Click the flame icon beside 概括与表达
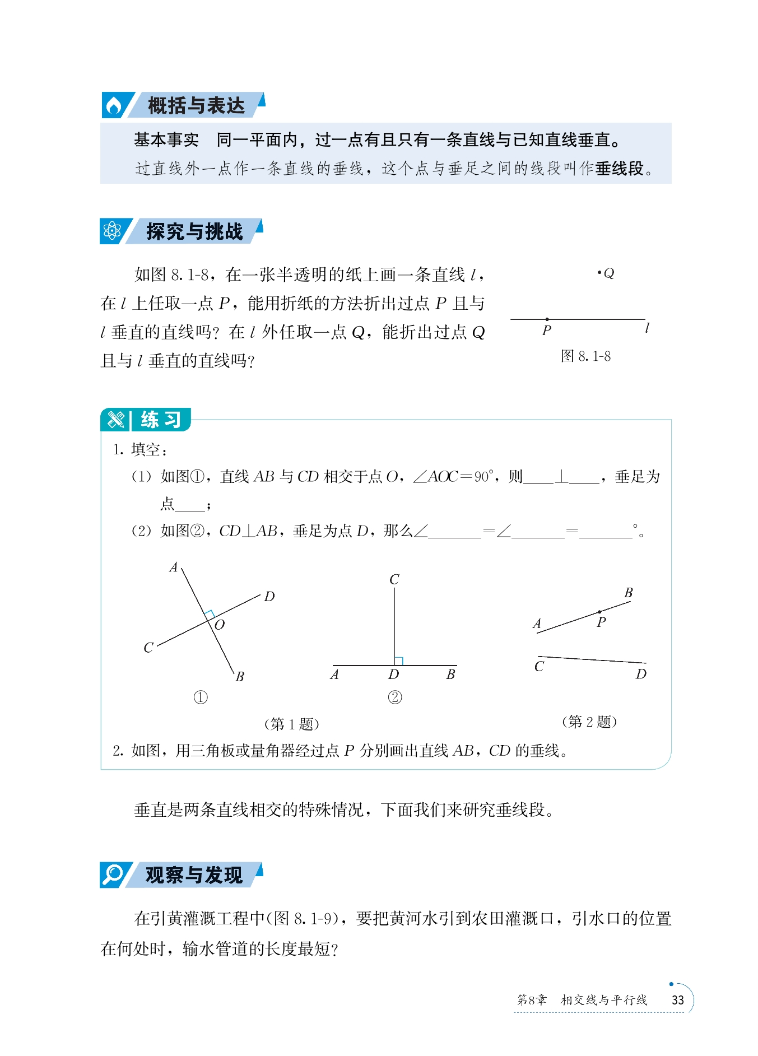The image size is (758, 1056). click(x=114, y=105)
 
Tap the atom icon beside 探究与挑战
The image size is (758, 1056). click(x=113, y=231)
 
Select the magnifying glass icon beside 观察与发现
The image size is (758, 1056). click(x=113, y=874)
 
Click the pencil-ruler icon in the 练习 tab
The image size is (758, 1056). click(x=116, y=420)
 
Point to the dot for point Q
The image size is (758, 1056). click(x=599, y=273)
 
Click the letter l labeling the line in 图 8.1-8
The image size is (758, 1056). click(x=647, y=328)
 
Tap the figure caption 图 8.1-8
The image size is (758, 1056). click(x=585, y=356)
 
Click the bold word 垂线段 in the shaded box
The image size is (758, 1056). click(x=619, y=168)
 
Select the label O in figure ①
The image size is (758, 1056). click(x=220, y=625)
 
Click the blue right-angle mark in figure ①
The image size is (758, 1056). click(x=209, y=614)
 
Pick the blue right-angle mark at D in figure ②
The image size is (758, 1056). click(x=399, y=661)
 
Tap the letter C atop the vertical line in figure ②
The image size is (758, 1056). click(x=394, y=579)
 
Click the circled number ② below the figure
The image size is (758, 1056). click(x=395, y=697)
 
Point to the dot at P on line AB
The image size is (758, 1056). click(x=599, y=612)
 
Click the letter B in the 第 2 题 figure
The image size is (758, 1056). click(x=629, y=593)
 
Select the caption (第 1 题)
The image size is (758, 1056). click(x=291, y=724)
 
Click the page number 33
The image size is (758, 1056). click(x=678, y=1000)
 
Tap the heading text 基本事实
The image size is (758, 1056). click(x=166, y=139)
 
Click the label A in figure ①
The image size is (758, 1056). click(x=174, y=567)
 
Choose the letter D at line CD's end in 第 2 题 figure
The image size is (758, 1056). click(x=641, y=674)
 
